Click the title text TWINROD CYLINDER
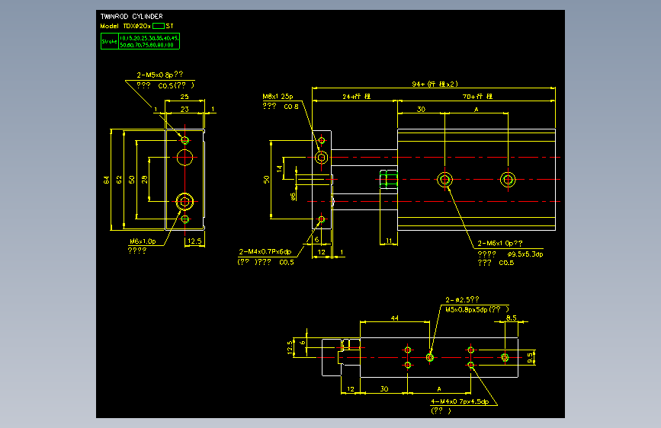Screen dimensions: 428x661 pyautogui.click(x=131, y=16)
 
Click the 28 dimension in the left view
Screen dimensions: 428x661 pyautogui.click(x=145, y=180)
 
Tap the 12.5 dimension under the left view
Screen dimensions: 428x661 pyautogui.click(x=194, y=241)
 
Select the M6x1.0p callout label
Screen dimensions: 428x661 pyautogui.click(x=142, y=241)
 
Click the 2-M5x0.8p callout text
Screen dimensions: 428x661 pyautogui.click(x=159, y=75)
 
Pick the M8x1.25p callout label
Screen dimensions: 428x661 pyautogui.click(x=278, y=97)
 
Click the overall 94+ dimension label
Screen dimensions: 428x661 pyautogui.click(x=435, y=84)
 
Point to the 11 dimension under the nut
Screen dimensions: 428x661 pyautogui.click(x=389, y=241)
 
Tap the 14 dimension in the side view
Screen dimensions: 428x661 pyautogui.click(x=280, y=168)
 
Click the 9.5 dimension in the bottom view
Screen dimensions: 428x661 pyautogui.click(x=531, y=357)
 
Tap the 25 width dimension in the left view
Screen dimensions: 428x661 pyautogui.click(x=185, y=97)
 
